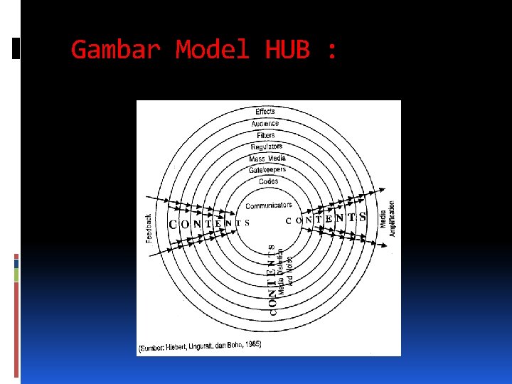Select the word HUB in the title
[x=287, y=50]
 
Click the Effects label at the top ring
[x=265, y=112]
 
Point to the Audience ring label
[x=265, y=124]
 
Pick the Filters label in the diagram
[x=266, y=135]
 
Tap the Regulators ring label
[x=267, y=146]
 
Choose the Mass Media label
[x=267, y=158]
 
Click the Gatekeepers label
[x=267, y=170]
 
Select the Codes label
[x=269, y=181]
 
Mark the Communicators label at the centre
[x=269, y=206]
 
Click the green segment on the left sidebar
[x=16, y=274]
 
